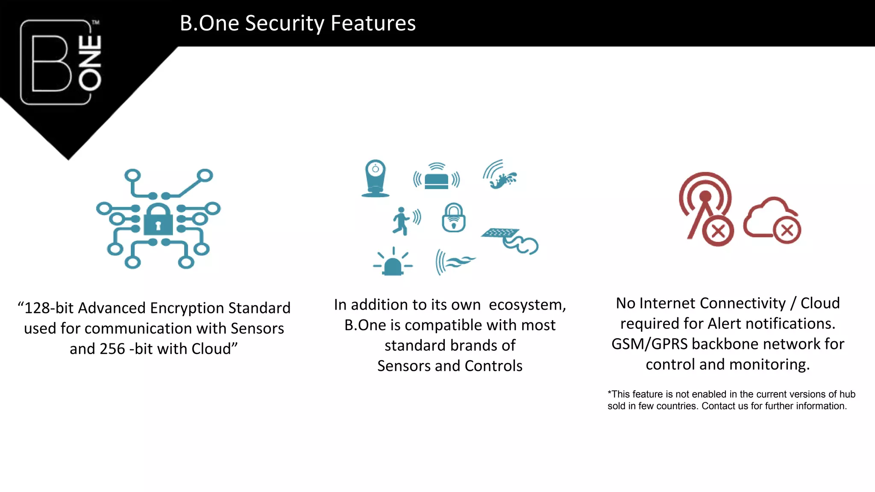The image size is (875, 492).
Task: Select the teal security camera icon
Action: point(375,178)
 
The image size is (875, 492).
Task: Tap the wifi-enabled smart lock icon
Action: point(453,218)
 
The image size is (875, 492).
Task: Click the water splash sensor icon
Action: point(500,175)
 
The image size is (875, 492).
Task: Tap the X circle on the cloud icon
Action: point(787,231)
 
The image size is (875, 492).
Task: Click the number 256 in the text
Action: point(112,349)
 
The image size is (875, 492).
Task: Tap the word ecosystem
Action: point(527,305)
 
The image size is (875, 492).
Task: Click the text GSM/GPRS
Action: point(649,344)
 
